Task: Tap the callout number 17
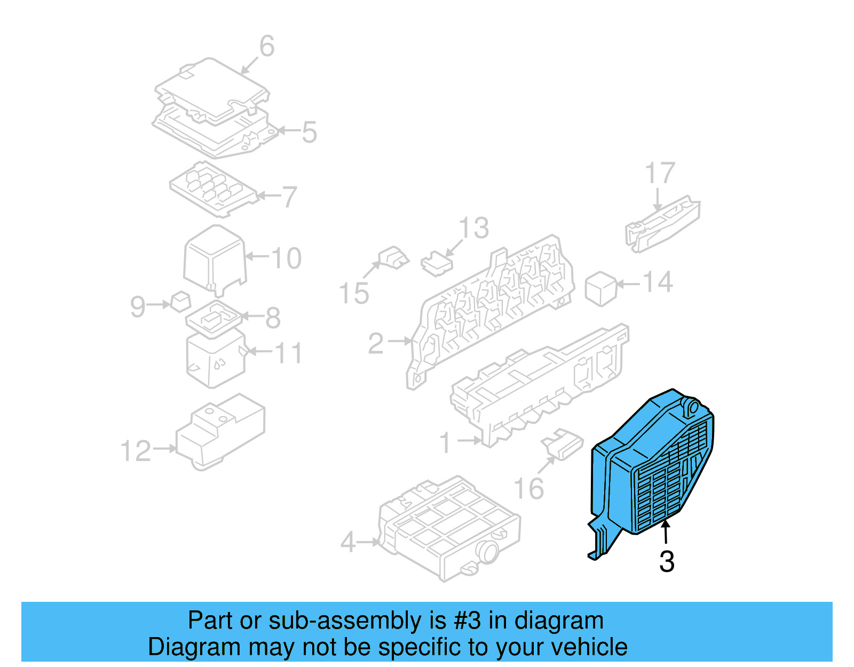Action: click(660, 173)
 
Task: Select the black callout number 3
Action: click(667, 562)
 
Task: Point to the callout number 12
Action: click(136, 451)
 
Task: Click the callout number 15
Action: click(354, 293)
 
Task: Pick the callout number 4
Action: click(348, 543)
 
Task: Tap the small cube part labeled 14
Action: click(601, 289)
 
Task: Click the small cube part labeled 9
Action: click(180, 302)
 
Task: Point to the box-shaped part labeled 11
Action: click(215, 358)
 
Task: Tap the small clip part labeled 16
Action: click(562, 444)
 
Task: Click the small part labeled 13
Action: click(437, 264)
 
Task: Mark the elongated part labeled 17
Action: click(662, 224)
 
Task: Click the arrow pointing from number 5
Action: click(288, 130)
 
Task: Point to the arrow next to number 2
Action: click(399, 341)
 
